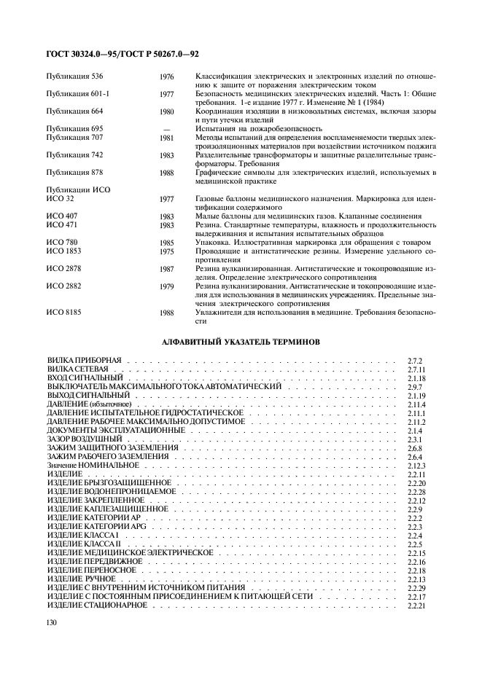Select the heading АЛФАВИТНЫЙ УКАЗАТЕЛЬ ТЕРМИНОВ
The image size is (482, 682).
tap(241, 341)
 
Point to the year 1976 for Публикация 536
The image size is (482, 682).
tap(167, 76)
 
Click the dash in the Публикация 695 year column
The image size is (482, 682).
tap(167, 128)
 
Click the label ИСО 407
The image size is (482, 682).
tap(62, 216)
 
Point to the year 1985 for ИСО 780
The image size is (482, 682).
tap(167, 243)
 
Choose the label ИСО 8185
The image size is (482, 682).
tap(64, 313)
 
